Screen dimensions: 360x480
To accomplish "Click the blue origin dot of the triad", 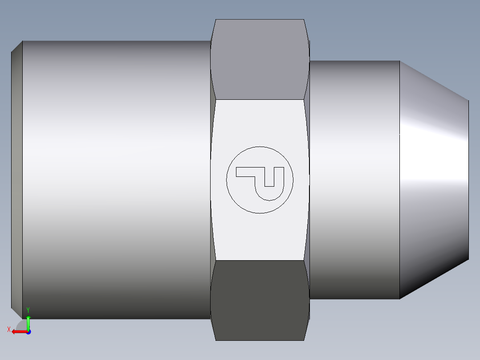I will (28, 332).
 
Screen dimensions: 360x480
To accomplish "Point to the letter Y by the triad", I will (28, 310).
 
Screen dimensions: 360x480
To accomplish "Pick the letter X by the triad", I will (8, 329).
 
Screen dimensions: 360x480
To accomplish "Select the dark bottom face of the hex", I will (260, 301).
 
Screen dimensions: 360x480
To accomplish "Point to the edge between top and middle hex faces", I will (260, 99).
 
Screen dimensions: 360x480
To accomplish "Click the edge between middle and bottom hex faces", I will (260, 260).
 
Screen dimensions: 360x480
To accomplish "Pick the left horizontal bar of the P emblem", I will (245, 172).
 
